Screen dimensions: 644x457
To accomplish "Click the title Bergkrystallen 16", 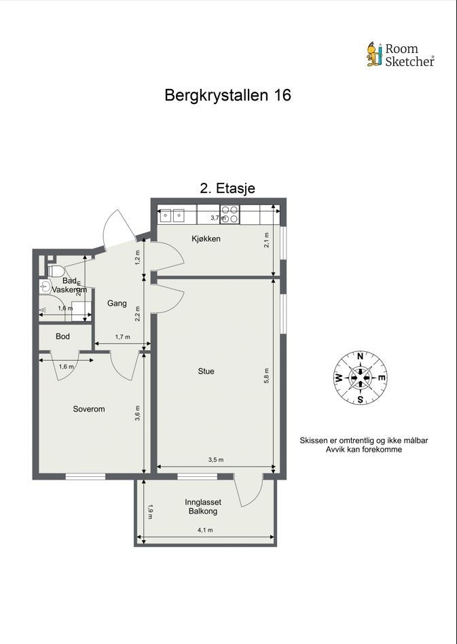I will tap(227, 95).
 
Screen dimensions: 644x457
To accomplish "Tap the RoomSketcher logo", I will tap(400, 55).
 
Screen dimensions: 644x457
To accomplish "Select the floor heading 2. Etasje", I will tap(227, 188).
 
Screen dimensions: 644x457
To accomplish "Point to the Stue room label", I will tap(206, 371).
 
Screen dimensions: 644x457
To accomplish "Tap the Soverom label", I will tap(89, 409).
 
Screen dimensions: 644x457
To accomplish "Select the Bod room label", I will tap(62, 336).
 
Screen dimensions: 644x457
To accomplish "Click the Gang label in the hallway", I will tap(117, 304).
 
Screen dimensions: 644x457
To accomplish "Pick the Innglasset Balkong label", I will tap(203, 507).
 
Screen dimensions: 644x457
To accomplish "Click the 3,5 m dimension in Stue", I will tap(215, 460).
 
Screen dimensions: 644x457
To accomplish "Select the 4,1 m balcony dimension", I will tap(205, 531).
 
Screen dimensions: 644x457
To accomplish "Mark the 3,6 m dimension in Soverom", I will tap(138, 414).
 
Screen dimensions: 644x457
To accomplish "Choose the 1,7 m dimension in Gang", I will tap(122, 337).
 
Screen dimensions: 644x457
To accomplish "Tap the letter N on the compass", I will tap(360, 355).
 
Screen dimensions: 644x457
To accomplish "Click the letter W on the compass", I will tap(337, 378).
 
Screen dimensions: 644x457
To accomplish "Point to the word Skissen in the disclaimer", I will tap(316, 440).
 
